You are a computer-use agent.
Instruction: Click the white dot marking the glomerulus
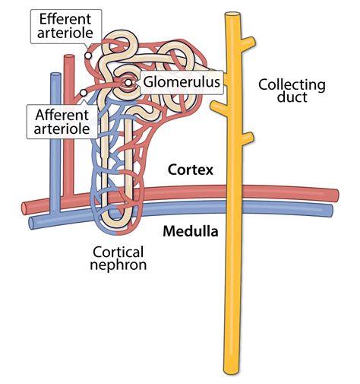click(x=128, y=82)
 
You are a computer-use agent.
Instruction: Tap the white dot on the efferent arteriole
click(x=88, y=55)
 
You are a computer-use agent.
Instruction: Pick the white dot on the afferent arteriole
click(x=82, y=94)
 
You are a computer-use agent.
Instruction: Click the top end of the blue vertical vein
click(x=55, y=75)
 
